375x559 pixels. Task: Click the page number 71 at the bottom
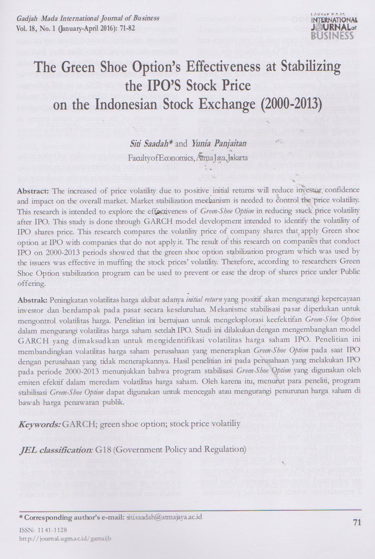click(357, 522)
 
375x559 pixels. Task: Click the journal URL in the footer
click(65, 538)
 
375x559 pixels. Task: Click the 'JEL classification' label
click(55, 450)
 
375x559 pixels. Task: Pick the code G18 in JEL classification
click(103, 450)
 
